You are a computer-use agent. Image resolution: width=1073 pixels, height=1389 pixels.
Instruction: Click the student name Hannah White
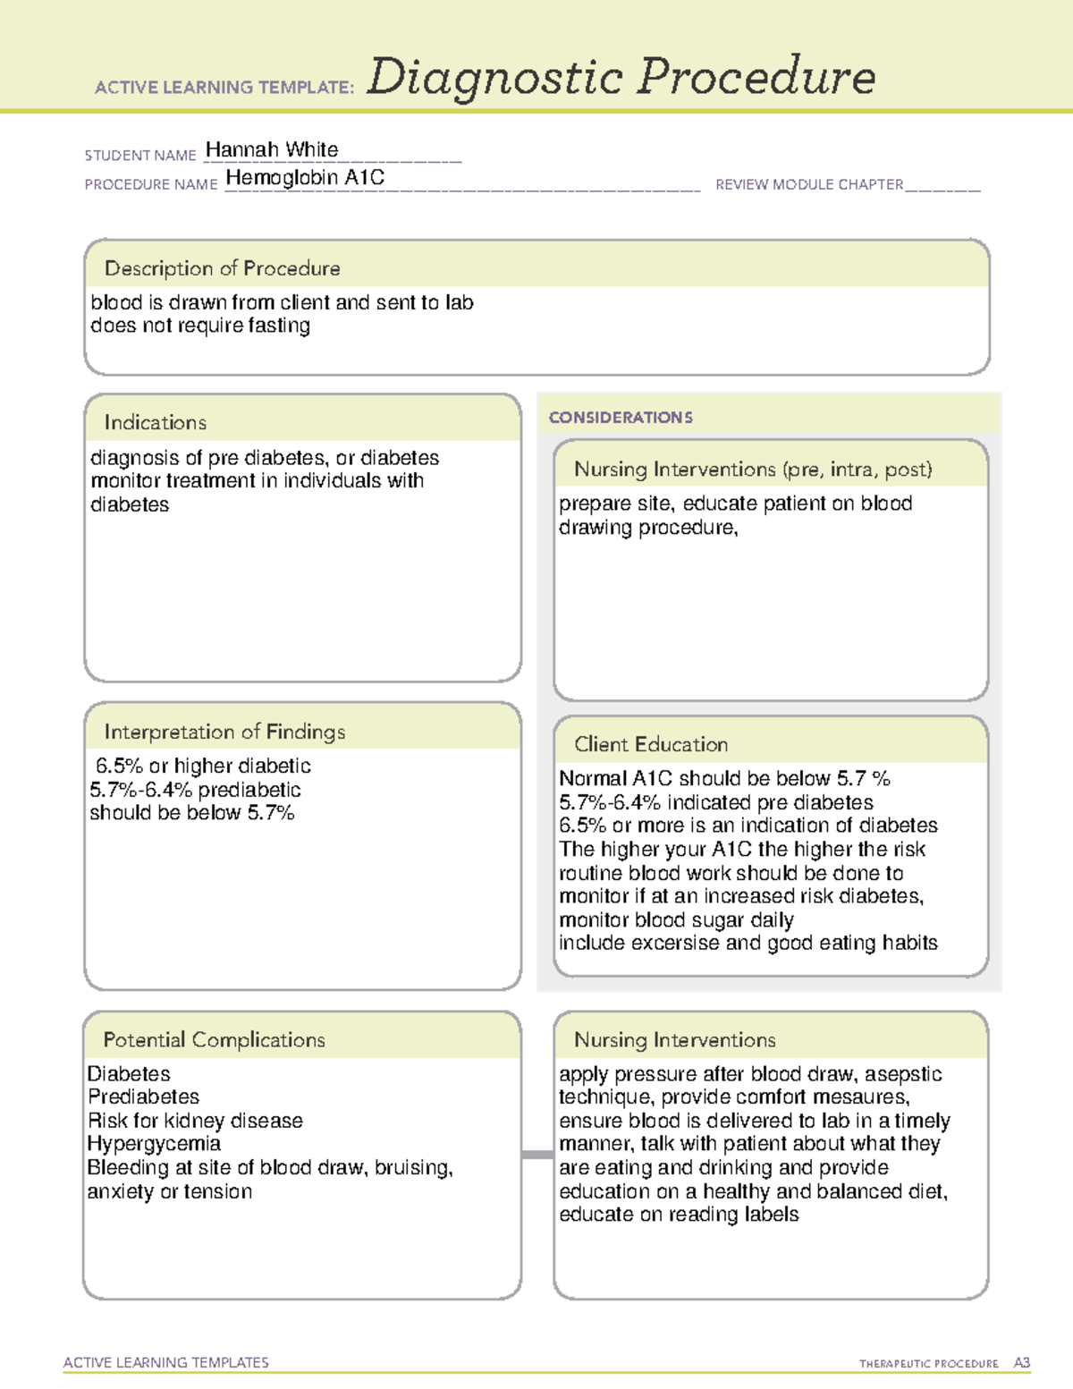pyautogui.click(x=272, y=150)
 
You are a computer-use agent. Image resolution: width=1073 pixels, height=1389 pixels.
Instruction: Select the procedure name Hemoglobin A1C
pyautogui.click(x=305, y=178)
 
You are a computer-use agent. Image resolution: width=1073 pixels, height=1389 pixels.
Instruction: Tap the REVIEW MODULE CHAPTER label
pyautogui.click(x=808, y=185)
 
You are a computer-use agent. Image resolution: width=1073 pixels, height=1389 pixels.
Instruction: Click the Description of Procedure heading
pyautogui.click(x=222, y=268)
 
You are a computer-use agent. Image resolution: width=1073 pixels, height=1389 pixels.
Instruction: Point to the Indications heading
pyautogui.click(x=155, y=422)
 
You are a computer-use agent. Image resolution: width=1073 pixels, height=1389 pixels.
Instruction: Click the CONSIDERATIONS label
pyautogui.click(x=621, y=418)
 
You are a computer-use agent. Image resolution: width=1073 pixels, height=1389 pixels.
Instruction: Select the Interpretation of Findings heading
pyautogui.click(x=224, y=732)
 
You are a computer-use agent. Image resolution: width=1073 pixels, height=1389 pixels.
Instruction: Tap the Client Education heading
pyautogui.click(x=650, y=744)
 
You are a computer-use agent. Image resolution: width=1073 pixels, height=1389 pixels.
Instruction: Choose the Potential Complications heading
pyautogui.click(x=214, y=1039)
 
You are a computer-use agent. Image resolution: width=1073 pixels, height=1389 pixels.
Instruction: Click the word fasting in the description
pyautogui.click(x=279, y=326)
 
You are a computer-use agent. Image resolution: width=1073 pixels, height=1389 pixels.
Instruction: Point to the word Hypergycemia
pyautogui.click(x=154, y=1144)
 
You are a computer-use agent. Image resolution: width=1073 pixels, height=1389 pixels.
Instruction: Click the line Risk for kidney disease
pyautogui.click(x=195, y=1121)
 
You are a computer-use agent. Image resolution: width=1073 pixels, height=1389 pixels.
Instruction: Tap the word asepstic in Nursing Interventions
pyautogui.click(x=903, y=1073)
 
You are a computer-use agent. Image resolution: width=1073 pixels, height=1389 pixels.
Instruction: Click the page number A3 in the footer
pyautogui.click(x=1021, y=1363)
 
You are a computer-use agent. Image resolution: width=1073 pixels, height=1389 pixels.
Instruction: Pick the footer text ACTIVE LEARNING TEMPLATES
pyautogui.click(x=165, y=1362)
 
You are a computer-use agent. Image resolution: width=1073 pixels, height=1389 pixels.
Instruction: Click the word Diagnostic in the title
pyautogui.click(x=494, y=78)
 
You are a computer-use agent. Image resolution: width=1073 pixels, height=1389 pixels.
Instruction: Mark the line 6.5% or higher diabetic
pyautogui.click(x=203, y=766)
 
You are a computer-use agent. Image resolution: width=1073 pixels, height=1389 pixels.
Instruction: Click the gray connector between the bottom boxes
pyautogui.click(x=537, y=1155)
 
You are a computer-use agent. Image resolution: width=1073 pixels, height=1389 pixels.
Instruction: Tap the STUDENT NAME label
pyautogui.click(x=140, y=156)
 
